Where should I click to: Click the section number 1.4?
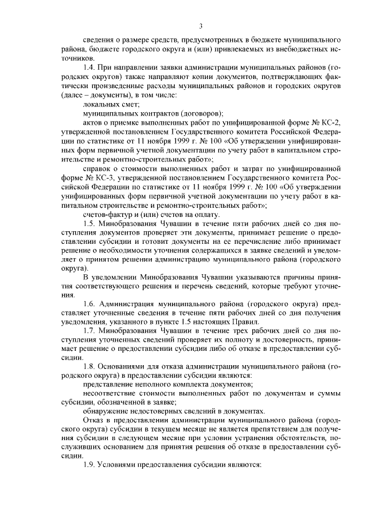[91, 68]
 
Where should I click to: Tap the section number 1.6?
[91, 303]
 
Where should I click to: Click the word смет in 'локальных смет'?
[130, 104]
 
